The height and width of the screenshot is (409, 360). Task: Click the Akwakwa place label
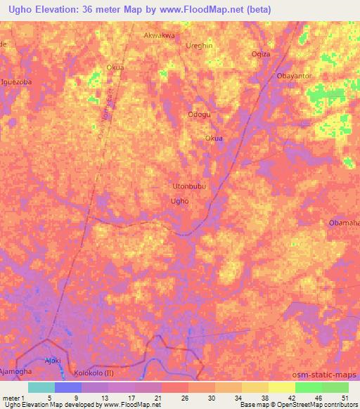pyautogui.click(x=159, y=34)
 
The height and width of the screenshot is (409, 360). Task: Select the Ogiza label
pyautogui.click(x=261, y=54)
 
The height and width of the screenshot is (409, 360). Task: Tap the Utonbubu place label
pyautogui.click(x=190, y=187)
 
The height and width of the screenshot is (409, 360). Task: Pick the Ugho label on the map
pyautogui.click(x=180, y=201)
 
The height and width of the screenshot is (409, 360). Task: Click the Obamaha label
pyautogui.click(x=344, y=223)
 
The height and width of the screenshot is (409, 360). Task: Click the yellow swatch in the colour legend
pyautogui.click(x=282, y=387)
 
